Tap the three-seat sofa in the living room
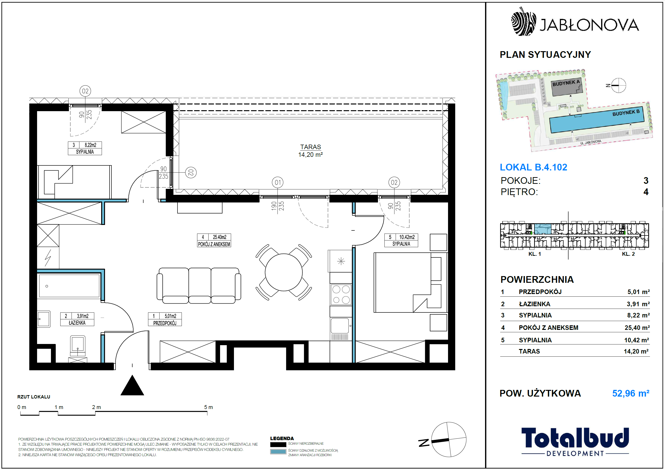(199, 285)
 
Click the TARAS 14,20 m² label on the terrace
(310, 151)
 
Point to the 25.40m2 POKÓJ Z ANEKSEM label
(214, 240)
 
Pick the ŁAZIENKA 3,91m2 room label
(77, 319)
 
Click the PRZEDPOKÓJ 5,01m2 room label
(165, 319)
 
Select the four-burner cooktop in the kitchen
(341, 294)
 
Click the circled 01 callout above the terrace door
(277, 182)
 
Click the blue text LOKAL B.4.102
(533, 167)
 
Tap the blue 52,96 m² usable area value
(631, 393)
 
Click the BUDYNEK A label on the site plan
(566, 83)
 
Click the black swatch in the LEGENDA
(278, 444)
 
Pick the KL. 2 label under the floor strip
(628, 254)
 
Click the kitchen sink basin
(339, 326)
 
